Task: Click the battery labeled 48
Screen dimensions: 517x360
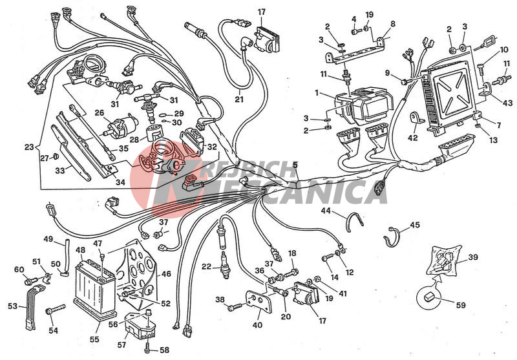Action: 94,288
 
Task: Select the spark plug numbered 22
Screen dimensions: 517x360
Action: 225,265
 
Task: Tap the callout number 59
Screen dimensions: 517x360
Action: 460,305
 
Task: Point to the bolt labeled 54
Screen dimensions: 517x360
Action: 55,310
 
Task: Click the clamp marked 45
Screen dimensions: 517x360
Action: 392,237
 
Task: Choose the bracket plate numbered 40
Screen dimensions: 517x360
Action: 259,301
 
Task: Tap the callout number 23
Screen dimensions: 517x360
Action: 29,147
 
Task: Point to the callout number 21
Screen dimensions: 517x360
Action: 239,99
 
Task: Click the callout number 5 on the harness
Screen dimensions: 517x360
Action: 295,165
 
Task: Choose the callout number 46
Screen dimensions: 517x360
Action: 166,273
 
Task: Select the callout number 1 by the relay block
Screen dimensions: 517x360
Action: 317,93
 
